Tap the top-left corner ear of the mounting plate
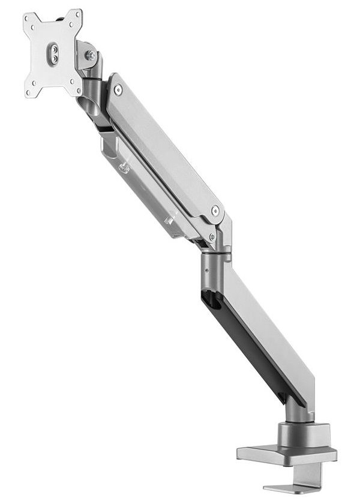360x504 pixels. click(x=28, y=19)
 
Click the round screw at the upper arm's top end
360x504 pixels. click(x=117, y=89)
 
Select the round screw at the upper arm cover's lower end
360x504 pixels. click(x=215, y=210)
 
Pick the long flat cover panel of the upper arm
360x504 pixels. click(x=165, y=147)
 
